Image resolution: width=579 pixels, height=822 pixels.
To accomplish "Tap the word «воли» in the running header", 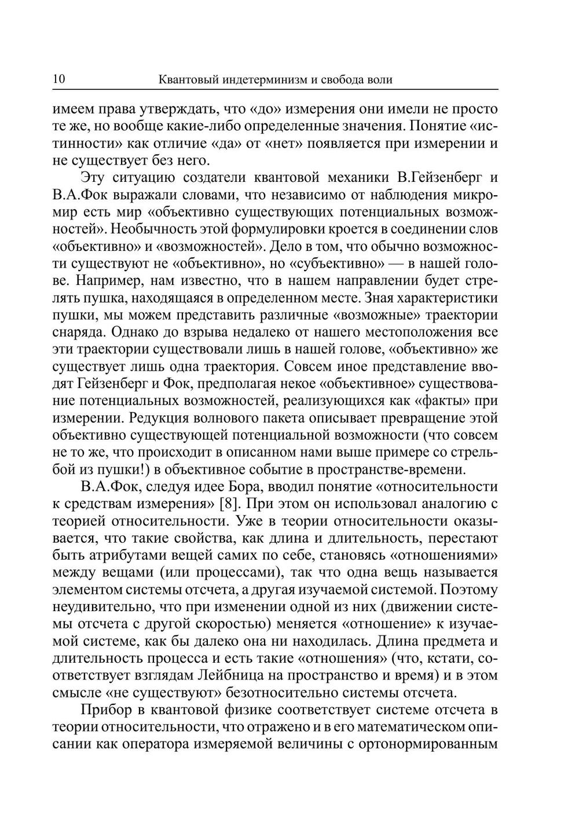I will pos(380,80).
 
